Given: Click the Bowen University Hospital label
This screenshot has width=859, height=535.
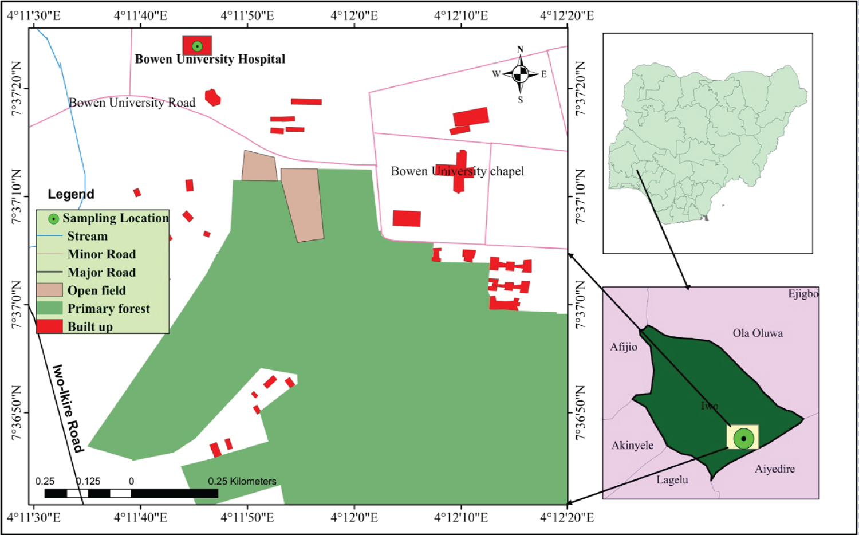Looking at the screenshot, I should pos(210,59).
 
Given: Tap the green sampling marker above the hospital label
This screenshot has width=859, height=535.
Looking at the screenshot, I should pos(197,46).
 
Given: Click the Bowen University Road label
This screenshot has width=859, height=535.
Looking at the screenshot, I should pos(132,103).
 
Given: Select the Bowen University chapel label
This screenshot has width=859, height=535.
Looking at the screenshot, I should pos(457,171).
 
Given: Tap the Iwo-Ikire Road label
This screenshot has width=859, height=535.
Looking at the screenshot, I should pos(68,408).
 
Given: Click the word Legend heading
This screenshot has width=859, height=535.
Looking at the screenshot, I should pos(71,194).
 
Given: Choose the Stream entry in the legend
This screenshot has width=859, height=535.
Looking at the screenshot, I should pos(87,236).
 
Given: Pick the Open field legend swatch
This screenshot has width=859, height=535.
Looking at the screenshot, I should pos(49,290).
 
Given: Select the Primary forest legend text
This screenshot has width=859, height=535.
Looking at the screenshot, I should pos(109,309).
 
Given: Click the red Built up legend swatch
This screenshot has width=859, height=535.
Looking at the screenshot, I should pos(49,326).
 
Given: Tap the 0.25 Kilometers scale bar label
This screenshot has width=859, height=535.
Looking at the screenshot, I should pos(242,481).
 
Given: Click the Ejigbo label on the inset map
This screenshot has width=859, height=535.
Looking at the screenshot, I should pos(803,294).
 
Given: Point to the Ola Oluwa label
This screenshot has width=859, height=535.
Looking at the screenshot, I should pos(757,333).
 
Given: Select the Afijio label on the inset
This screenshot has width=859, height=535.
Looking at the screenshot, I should pos(623,347).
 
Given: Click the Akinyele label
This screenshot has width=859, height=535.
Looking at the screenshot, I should pos(632,446).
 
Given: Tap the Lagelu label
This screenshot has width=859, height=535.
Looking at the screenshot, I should pos(672,480).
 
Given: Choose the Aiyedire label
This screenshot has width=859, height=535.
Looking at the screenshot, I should pos(774,469).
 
